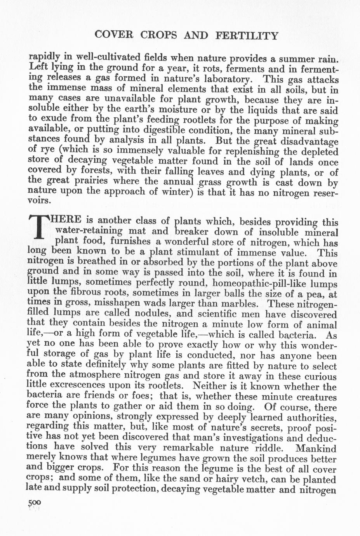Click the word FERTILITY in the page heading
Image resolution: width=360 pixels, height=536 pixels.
[x=247, y=36]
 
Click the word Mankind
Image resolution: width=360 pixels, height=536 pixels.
[x=315, y=448]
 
